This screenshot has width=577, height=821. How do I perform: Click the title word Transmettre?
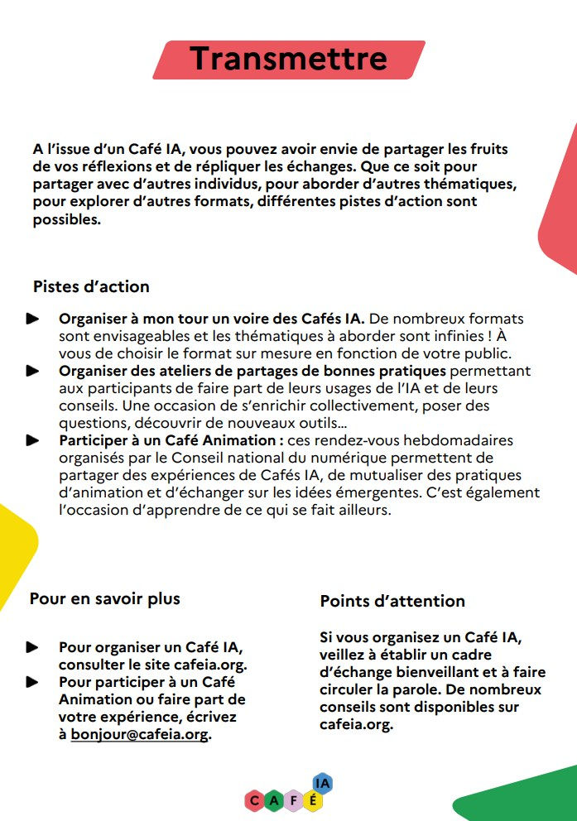(x=288, y=59)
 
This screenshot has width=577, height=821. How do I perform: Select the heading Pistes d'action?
(x=91, y=287)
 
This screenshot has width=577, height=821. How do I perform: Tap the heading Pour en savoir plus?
(x=104, y=598)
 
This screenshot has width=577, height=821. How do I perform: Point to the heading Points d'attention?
(x=392, y=601)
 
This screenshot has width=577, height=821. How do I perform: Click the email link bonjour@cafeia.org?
(x=139, y=734)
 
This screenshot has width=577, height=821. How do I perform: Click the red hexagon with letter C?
(x=254, y=800)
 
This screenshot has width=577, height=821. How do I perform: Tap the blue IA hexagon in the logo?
(x=323, y=783)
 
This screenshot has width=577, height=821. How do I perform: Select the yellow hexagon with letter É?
(x=312, y=800)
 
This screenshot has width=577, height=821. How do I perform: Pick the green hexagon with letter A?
(x=274, y=800)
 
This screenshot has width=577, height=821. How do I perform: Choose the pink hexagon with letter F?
(x=293, y=800)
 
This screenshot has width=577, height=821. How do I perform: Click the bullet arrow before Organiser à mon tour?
(x=33, y=319)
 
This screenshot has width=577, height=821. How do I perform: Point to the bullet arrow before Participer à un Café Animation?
(x=33, y=440)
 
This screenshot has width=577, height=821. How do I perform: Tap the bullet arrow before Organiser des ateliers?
(x=33, y=371)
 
